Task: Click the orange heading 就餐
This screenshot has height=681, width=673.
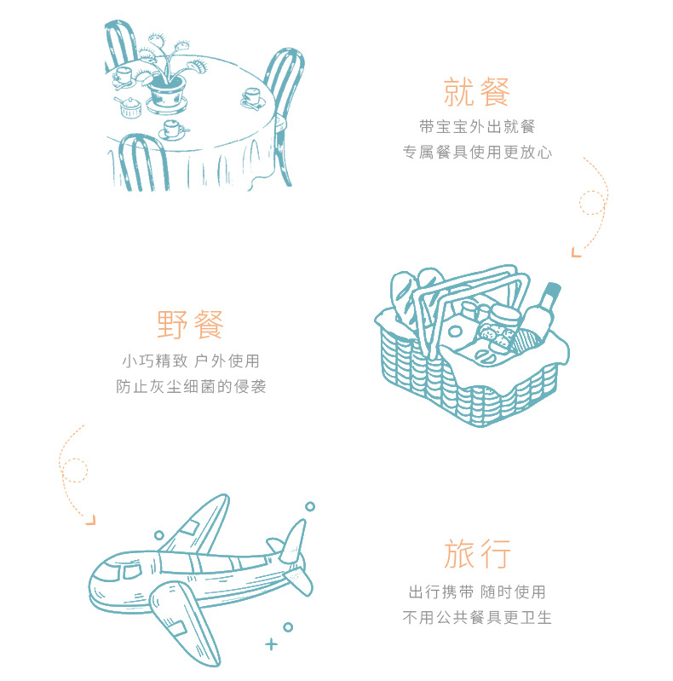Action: (x=476, y=91)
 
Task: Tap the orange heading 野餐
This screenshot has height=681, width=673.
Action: (x=191, y=325)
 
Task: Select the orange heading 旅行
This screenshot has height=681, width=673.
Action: (x=477, y=554)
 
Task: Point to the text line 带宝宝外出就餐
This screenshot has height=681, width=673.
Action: (x=477, y=127)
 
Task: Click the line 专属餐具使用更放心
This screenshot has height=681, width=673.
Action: (x=477, y=153)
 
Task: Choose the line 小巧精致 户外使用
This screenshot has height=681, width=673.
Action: (x=191, y=361)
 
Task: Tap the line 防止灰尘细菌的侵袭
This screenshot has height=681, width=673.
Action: (x=191, y=386)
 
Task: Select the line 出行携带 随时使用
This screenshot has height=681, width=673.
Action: (x=477, y=592)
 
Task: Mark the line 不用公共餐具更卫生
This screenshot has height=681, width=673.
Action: (x=477, y=617)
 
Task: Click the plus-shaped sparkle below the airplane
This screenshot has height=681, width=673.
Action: (x=271, y=643)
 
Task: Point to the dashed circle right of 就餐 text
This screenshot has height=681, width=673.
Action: (x=591, y=202)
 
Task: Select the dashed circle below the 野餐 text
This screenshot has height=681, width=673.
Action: (x=75, y=470)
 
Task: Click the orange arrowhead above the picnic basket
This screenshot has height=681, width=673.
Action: (x=577, y=251)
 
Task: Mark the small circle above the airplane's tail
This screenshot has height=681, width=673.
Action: (x=310, y=506)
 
